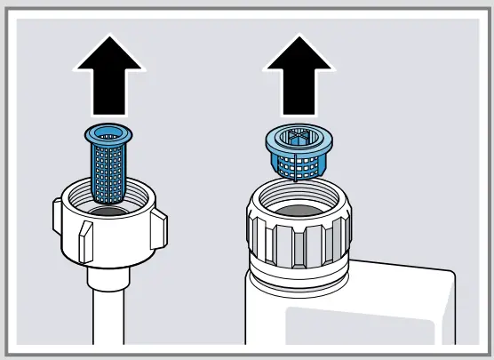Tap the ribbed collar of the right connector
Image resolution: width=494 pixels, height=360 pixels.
[299, 236]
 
